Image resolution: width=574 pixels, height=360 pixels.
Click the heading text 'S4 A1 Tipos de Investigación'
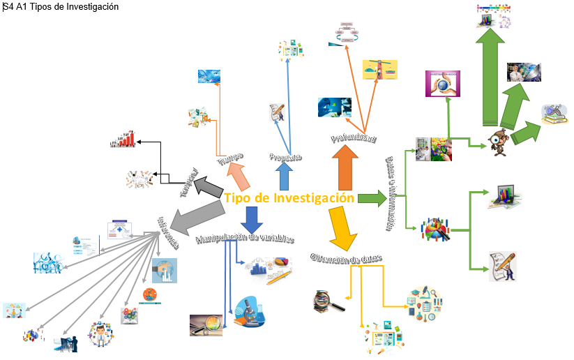click(61, 7)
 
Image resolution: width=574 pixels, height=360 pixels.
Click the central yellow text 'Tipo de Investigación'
click(289, 198)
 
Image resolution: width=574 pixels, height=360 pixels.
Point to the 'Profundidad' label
click(354, 139)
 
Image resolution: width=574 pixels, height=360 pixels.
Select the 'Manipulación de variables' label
click(245, 239)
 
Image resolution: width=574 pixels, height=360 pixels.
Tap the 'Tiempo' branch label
click(229, 160)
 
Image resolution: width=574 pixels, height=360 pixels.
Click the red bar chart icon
click(123, 140)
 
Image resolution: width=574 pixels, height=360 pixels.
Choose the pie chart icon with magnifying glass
click(436, 230)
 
